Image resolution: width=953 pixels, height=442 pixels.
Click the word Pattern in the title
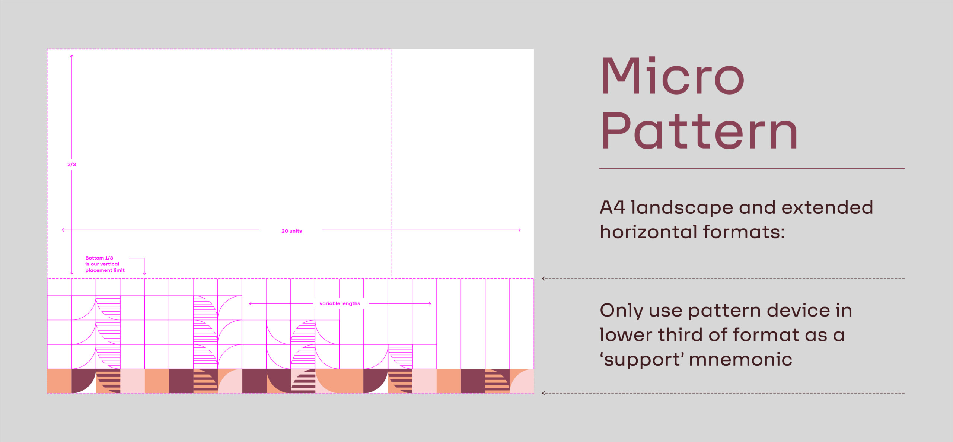point(699,130)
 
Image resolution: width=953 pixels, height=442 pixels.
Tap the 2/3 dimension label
point(71,164)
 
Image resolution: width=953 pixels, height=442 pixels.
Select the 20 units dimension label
point(291,231)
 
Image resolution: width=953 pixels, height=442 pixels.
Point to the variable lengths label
point(340,303)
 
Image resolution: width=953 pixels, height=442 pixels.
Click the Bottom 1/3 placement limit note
point(105,264)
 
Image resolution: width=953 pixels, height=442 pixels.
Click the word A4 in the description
point(612,207)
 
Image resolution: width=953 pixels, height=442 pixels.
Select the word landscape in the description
point(682,208)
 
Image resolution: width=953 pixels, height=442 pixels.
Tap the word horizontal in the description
point(648,232)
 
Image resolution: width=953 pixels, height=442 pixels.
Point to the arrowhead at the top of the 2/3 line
point(71,56)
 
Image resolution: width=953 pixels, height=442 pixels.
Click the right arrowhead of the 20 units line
point(519,230)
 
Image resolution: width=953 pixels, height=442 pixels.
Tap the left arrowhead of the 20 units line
point(63,230)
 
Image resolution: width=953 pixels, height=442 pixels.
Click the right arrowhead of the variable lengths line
point(430,304)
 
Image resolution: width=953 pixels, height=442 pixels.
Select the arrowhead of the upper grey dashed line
point(544,279)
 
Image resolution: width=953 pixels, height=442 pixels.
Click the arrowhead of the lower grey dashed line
point(544,393)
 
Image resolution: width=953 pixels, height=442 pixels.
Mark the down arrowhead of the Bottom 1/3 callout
point(144,274)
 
